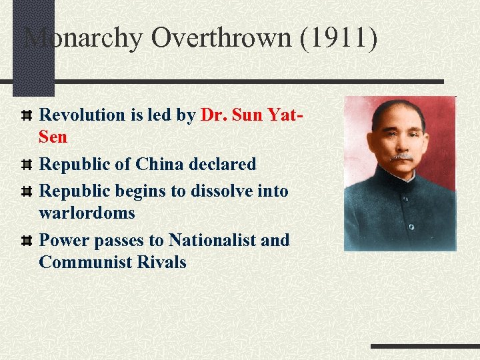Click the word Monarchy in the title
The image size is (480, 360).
click(x=83, y=38)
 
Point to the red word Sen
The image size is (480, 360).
click(x=53, y=137)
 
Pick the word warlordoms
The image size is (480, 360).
click(x=87, y=213)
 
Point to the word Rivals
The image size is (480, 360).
click(x=161, y=262)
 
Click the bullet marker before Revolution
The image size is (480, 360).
click(x=27, y=115)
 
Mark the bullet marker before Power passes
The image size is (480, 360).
click(x=27, y=240)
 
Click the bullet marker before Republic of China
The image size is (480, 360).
click(x=27, y=164)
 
